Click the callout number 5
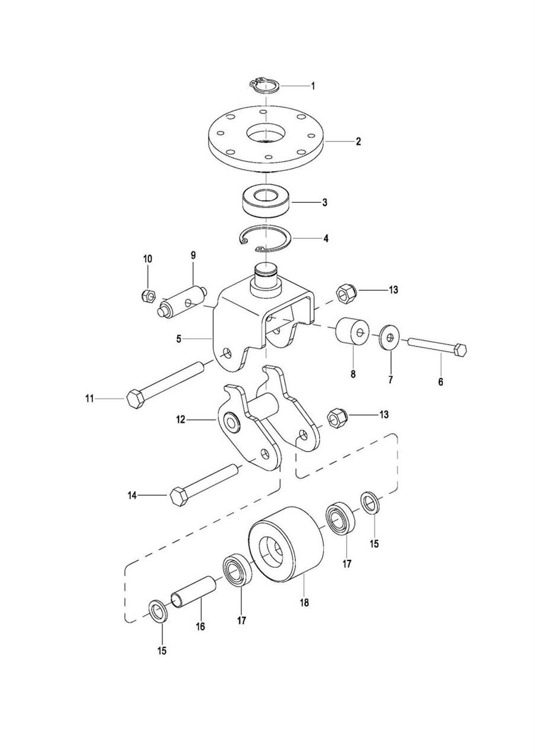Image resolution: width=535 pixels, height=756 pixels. (x=178, y=339)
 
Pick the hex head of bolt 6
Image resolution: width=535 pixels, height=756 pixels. (x=460, y=351)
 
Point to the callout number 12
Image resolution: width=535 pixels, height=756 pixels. (x=181, y=420)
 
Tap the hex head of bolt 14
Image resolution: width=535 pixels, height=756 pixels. (x=178, y=495)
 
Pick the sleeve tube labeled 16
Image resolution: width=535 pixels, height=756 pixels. (x=193, y=590)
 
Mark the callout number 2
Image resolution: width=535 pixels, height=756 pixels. (x=358, y=142)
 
